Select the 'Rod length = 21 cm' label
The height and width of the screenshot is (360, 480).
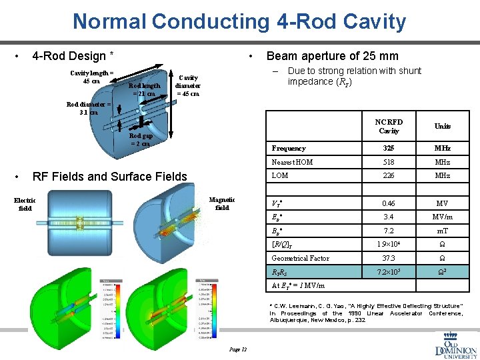click(144, 89)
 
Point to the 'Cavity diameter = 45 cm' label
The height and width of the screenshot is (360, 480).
click(187, 85)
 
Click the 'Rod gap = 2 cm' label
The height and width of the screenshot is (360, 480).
click(140, 139)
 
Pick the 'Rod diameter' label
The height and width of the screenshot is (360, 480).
click(88, 108)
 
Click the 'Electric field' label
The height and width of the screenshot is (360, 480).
click(25, 204)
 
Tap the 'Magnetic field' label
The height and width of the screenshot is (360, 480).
click(222, 203)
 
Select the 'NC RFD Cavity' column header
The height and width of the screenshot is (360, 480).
click(389, 127)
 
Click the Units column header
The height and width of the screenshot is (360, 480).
click(443, 126)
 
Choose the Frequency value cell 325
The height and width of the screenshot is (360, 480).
click(389, 148)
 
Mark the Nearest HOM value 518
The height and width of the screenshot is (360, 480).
click(389, 162)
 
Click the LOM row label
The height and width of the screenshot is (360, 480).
click(280, 175)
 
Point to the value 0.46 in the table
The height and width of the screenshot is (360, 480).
click(389, 203)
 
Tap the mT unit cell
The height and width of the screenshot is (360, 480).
click(443, 230)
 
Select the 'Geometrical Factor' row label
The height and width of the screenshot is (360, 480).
click(300, 258)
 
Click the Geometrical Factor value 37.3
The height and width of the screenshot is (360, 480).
click(389, 258)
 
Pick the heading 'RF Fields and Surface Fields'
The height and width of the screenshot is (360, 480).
click(110, 176)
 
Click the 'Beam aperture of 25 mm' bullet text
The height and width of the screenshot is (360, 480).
click(332, 56)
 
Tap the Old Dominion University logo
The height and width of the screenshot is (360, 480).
click(456, 343)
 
